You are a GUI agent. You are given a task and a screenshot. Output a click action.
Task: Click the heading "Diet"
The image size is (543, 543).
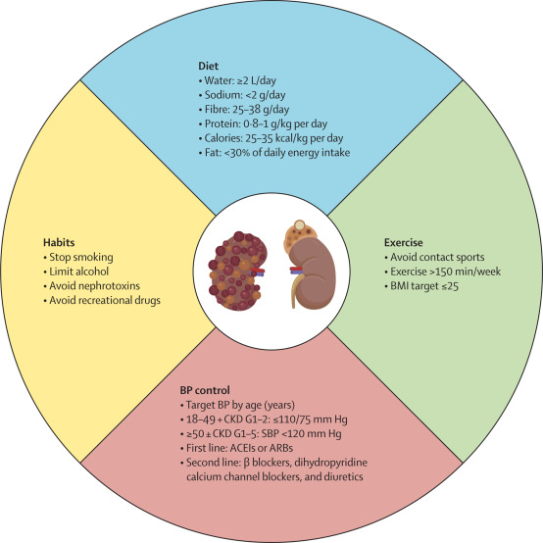pyautogui.click(x=207, y=66)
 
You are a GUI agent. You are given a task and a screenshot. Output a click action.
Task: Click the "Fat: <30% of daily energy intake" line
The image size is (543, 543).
pyautogui.click(x=274, y=153)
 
